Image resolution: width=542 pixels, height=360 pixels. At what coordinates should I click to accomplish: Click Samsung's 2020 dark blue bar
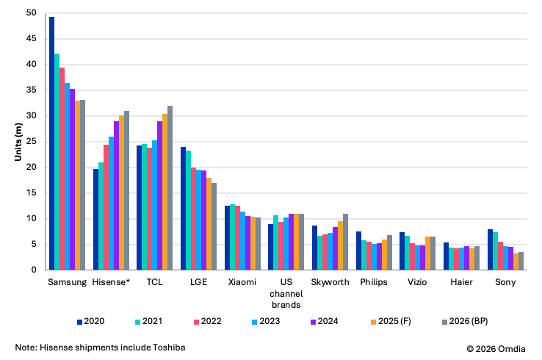51,143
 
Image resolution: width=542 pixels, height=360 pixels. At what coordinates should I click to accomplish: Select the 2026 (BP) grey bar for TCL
170,188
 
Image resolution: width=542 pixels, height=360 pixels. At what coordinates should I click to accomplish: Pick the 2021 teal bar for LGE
189,210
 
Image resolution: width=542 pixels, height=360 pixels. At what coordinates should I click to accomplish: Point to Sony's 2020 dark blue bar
490,250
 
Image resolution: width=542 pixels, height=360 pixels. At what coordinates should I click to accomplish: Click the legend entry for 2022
207,321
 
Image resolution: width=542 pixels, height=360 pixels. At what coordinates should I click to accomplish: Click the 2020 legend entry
93,321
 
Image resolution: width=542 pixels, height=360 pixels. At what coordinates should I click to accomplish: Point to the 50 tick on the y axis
29,13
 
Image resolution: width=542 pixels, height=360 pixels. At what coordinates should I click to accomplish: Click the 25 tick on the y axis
29,142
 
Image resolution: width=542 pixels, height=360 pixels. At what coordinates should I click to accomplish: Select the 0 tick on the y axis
32,270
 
